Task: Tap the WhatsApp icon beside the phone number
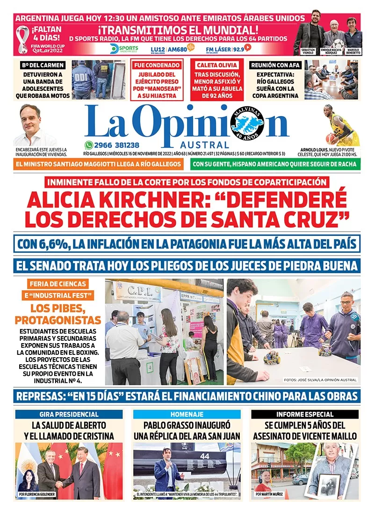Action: pyautogui.click(x=89, y=145)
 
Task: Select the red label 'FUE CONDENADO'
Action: pyautogui.click(x=157, y=65)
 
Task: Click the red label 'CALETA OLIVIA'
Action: pyautogui.click(x=218, y=65)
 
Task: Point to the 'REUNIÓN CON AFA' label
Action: pyautogui.click(x=274, y=65)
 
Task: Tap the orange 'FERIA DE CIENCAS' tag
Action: pyautogui.click(x=58, y=284)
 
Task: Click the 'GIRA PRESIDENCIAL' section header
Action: pyautogui.click(x=69, y=414)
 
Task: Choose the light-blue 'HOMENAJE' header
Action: pyautogui.click(x=187, y=414)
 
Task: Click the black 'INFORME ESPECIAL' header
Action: pyautogui.click(x=304, y=414)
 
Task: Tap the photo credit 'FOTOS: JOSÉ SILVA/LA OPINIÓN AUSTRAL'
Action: pyautogui.click(x=320, y=380)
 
